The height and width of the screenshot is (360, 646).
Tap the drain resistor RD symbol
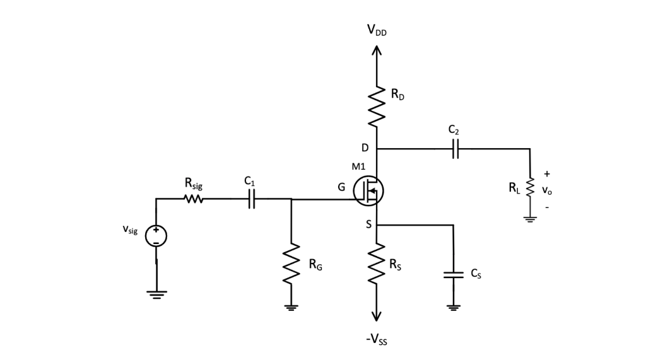(x=377, y=105)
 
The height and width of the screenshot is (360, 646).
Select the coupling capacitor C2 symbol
(x=456, y=149)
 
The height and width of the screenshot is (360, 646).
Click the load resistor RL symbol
(x=530, y=186)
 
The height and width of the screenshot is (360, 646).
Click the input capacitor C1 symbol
(x=252, y=200)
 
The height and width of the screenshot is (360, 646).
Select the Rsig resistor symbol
(x=193, y=200)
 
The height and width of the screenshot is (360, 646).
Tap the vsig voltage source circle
(x=156, y=235)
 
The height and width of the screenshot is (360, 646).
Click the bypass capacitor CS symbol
(x=453, y=275)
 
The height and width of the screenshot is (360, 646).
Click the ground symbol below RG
(x=291, y=307)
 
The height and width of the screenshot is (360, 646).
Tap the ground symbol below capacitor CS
(x=453, y=307)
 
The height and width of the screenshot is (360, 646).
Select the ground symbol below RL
(x=530, y=219)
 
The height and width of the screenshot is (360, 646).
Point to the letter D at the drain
(x=365, y=148)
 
